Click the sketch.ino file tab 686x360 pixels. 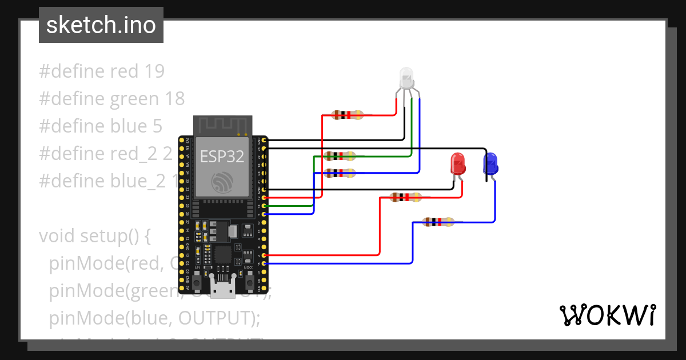[x=101, y=25]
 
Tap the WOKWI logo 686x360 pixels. [x=607, y=315]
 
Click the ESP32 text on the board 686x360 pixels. [x=222, y=157]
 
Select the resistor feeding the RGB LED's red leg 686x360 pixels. [x=347, y=115]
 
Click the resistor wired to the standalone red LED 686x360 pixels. [x=406, y=198]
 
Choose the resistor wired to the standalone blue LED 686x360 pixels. [x=438, y=222]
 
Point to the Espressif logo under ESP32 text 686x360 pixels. [x=222, y=182]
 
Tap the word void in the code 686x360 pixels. [x=57, y=236]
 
